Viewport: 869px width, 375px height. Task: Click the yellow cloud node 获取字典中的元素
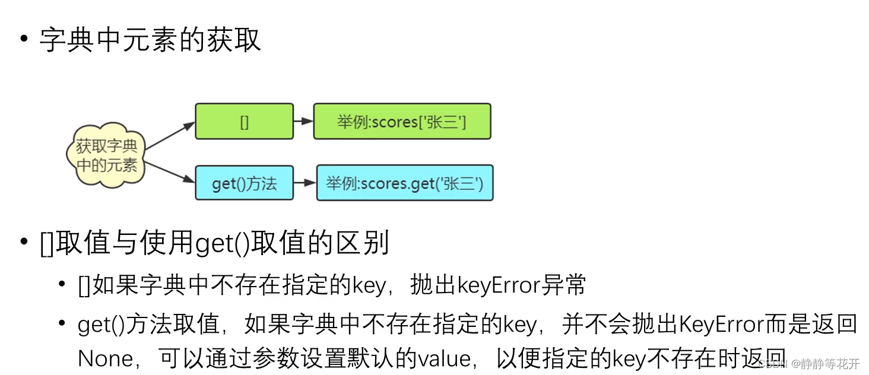point(106,155)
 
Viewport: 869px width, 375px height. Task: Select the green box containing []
point(244,122)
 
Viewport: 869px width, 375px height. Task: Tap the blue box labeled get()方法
point(244,183)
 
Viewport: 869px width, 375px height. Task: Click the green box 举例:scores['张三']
point(402,122)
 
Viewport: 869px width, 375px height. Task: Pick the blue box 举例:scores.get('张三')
point(404,183)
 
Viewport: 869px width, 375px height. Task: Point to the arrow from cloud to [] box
point(170,136)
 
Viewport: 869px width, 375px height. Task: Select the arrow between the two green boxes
point(303,122)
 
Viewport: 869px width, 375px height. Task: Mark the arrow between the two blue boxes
point(305,183)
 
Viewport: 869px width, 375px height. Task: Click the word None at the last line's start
point(106,358)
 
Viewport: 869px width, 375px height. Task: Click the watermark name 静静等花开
point(831,364)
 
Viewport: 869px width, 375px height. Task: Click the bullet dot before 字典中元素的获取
point(24,40)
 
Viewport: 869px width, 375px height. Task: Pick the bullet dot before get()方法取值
point(62,323)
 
